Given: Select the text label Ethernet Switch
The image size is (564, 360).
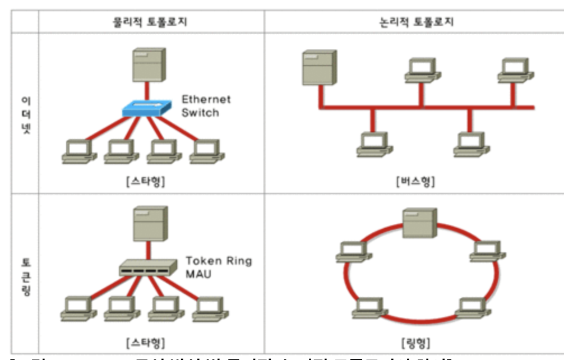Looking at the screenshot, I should click(x=206, y=106).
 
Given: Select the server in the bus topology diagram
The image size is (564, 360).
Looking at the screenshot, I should click(x=320, y=67).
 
